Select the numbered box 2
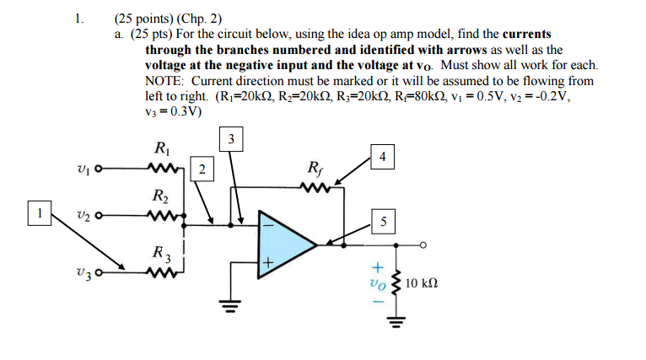click(x=202, y=169)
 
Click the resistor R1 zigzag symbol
click(x=161, y=169)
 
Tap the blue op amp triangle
click(x=283, y=245)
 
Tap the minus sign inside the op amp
click(x=266, y=225)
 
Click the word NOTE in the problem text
click(x=165, y=80)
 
